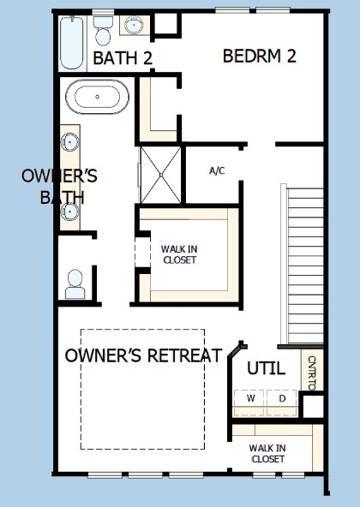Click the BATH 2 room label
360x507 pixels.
(123, 58)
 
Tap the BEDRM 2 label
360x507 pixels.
(260, 56)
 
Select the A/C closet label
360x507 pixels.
(217, 170)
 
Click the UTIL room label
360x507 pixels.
(266, 368)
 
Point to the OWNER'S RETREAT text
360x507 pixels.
(143, 355)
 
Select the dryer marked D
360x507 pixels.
(282, 403)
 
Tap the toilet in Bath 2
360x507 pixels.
(103, 31)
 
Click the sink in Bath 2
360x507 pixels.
(134, 25)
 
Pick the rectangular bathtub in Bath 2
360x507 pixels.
(72, 43)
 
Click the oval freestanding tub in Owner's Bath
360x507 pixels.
(97, 97)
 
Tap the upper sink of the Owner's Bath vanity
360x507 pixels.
(70, 142)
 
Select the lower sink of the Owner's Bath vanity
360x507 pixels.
(70, 212)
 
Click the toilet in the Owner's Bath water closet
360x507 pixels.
(75, 284)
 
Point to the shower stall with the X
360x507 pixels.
(161, 175)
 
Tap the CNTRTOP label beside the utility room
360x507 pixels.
(312, 373)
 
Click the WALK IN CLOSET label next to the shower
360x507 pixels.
(179, 254)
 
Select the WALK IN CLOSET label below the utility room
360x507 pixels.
(267, 453)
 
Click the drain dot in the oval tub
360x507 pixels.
(97, 97)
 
